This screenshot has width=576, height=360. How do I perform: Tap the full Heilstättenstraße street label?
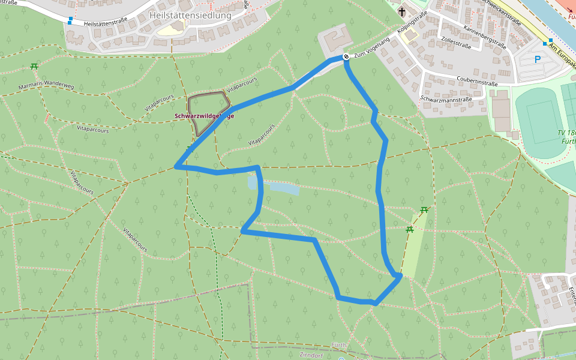[107, 23]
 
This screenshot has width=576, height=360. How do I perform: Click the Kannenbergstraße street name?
[485, 37]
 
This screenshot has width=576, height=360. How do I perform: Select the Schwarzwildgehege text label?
[204, 116]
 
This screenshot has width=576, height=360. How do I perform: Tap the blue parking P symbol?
[538, 59]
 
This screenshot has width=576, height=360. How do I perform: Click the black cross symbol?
[401, 11]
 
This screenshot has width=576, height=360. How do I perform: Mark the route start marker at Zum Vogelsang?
[346, 57]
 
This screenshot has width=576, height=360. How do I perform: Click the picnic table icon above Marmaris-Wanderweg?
[34, 66]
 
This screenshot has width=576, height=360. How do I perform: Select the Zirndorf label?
[311, 355]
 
